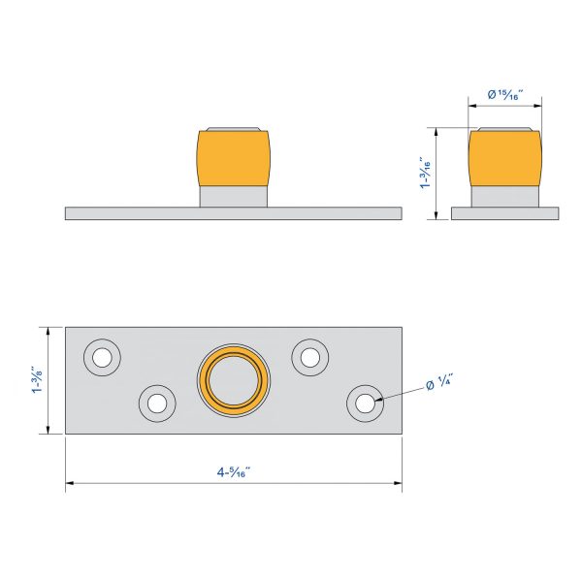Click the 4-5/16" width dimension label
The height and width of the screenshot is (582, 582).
pos(233,472)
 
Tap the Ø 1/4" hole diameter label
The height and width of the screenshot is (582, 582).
pos(439,385)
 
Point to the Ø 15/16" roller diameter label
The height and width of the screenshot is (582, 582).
pos(504,94)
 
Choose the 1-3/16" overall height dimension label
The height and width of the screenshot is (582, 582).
pos(425,174)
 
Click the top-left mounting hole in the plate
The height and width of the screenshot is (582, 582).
pos(101,357)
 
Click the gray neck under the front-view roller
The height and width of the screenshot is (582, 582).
pos(233,197)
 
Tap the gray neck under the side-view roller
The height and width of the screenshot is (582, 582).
pos(504,197)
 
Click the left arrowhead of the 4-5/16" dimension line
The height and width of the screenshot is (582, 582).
pos(70,483)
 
